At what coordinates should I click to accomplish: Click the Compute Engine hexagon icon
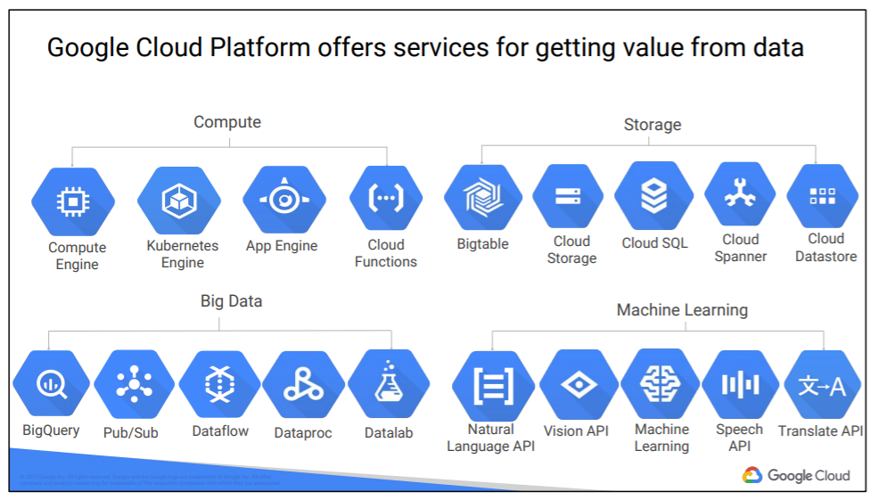pos(72,202)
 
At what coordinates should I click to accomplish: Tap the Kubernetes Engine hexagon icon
pos(178,201)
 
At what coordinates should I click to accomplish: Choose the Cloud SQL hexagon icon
pos(653,196)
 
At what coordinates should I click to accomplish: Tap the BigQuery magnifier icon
pos(51,384)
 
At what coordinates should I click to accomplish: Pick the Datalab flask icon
pos(388,384)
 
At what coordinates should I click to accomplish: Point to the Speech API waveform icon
pos(740,384)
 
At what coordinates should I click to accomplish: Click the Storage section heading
pos(652,125)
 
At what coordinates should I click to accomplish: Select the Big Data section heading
pos(231,301)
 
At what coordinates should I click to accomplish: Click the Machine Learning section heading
pos(682,310)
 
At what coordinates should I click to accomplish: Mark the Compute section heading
pos(227,122)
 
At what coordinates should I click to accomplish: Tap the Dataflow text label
pos(220,431)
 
